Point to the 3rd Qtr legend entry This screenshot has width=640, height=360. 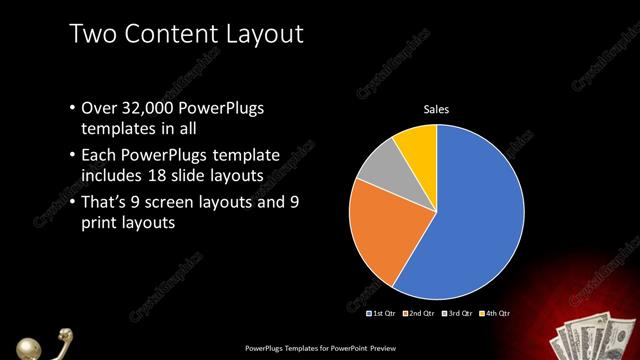(455, 313)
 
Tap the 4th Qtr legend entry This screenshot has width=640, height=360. (493, 313)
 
